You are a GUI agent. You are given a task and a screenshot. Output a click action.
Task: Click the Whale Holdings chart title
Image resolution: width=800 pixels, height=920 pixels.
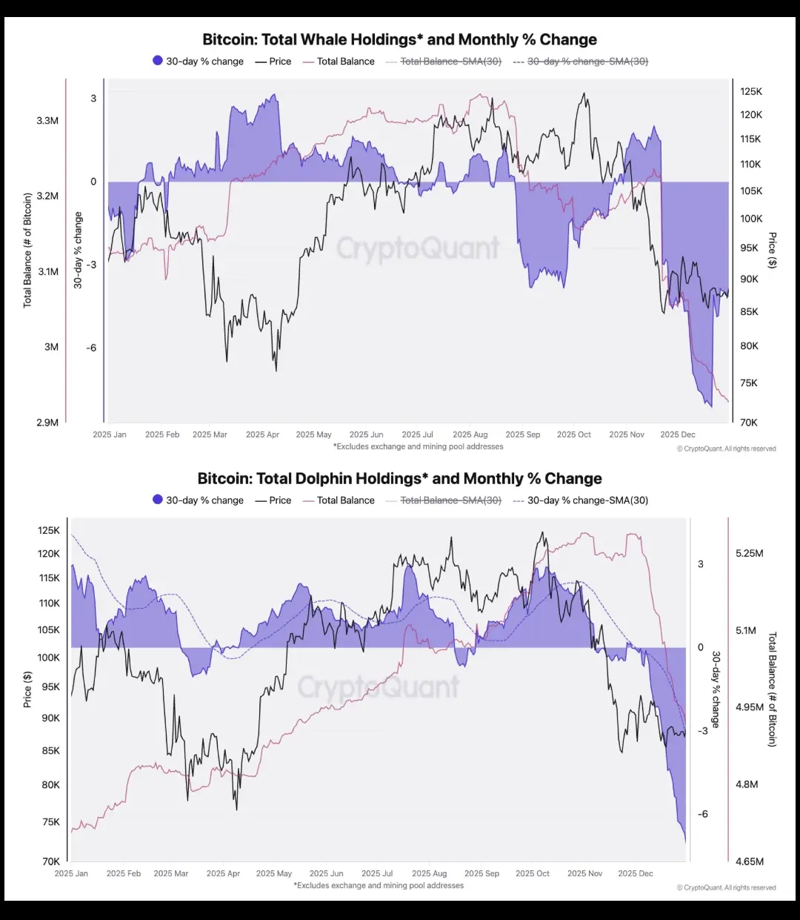(x=399, y=39)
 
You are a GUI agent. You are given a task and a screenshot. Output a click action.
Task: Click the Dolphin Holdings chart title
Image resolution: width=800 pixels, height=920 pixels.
(x=399, y=478)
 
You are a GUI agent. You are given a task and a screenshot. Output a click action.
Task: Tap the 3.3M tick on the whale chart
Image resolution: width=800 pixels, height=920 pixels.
(x=47, y=120)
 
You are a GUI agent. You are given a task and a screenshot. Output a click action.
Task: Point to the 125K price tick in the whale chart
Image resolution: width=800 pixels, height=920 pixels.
(x=751, y=91)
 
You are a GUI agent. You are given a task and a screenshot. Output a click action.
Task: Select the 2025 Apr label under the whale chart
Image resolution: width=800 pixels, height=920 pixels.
(x=262, y=434)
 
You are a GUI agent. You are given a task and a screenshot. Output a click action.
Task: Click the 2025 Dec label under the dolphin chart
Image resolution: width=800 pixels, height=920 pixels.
(x=636, y=873)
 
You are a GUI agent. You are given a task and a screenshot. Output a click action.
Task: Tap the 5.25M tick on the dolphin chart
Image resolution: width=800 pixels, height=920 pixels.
(x=749, y=553)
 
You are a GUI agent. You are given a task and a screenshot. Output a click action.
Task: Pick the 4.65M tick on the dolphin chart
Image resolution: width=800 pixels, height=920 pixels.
(x=749, y=861)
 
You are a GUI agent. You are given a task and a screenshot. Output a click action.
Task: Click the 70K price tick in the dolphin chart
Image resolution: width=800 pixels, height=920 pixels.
(x=51, y=861)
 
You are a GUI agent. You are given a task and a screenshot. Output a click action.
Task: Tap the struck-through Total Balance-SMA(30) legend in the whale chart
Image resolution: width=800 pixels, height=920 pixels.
(x=450, y=62)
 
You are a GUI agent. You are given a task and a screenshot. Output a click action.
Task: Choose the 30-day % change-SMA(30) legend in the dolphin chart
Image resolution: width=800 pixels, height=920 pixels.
(x=587, y=500)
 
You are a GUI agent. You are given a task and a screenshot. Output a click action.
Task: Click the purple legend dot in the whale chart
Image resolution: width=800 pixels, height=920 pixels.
(x=158, y=61)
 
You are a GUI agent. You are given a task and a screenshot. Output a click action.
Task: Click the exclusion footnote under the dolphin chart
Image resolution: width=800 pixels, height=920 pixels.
(x=379, y=885)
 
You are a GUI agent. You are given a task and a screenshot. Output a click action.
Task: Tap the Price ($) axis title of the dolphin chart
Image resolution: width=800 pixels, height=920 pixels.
(x=27, y=689)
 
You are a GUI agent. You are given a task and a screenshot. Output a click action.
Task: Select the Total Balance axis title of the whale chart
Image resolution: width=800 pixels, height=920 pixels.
(x=27, y=250)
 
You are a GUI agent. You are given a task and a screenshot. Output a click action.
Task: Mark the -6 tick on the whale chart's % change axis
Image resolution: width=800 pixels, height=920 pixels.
(x=91, y=348)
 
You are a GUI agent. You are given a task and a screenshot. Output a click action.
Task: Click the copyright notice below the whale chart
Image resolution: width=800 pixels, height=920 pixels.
(x=726, y=449)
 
